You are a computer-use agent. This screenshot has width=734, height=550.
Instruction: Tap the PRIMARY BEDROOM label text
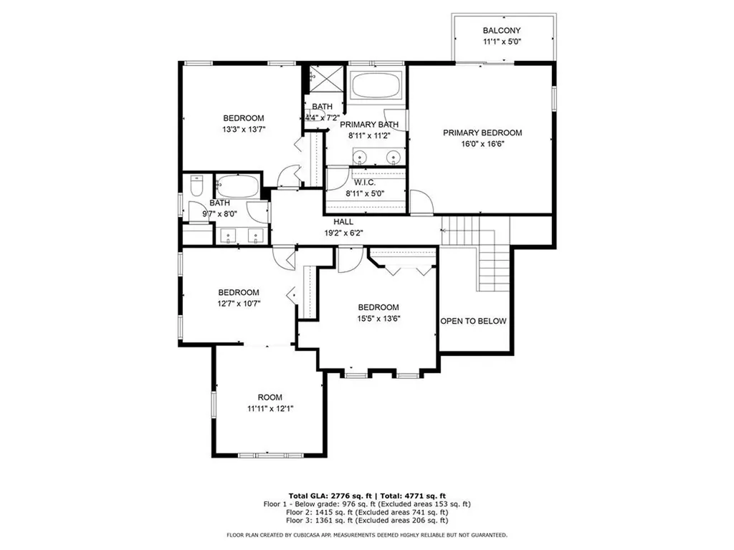tap(482, 132)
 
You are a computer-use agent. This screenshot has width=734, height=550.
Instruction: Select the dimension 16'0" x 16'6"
tap(482, 144)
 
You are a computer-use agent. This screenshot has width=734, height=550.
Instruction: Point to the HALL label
tap(343, 222)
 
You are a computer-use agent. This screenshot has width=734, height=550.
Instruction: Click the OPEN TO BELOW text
tap(473, 321)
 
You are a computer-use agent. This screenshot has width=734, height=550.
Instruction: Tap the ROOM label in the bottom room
tap(270, 397)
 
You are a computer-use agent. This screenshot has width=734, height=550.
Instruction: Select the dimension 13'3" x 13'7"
tap(243, 130)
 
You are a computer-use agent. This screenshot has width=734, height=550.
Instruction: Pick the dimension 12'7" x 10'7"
tap(239, 304)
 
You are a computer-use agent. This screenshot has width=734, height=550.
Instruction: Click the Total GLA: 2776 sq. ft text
tap(327, 496)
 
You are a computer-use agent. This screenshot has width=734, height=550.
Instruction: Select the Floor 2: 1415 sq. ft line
tap(367, 512)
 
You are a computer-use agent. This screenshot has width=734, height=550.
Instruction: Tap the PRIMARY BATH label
tap(368, 125)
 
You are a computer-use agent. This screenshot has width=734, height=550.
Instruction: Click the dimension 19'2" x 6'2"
tap(343, 233)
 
